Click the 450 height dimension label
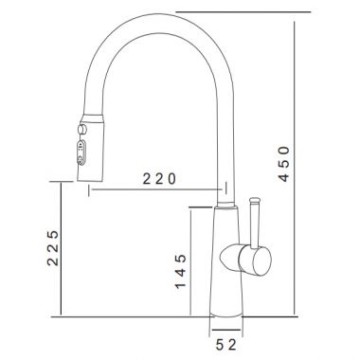tap(284, 164)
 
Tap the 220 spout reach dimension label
tap(159, 179)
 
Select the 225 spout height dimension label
tap(53, 248)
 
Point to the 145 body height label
tap(181, 272)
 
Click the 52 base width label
tap(226, 345)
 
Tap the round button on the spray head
tap(82, 129)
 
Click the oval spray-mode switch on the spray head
tap(81, 153)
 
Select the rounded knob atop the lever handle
tap(255, 200)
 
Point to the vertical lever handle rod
tap(255, 225)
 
